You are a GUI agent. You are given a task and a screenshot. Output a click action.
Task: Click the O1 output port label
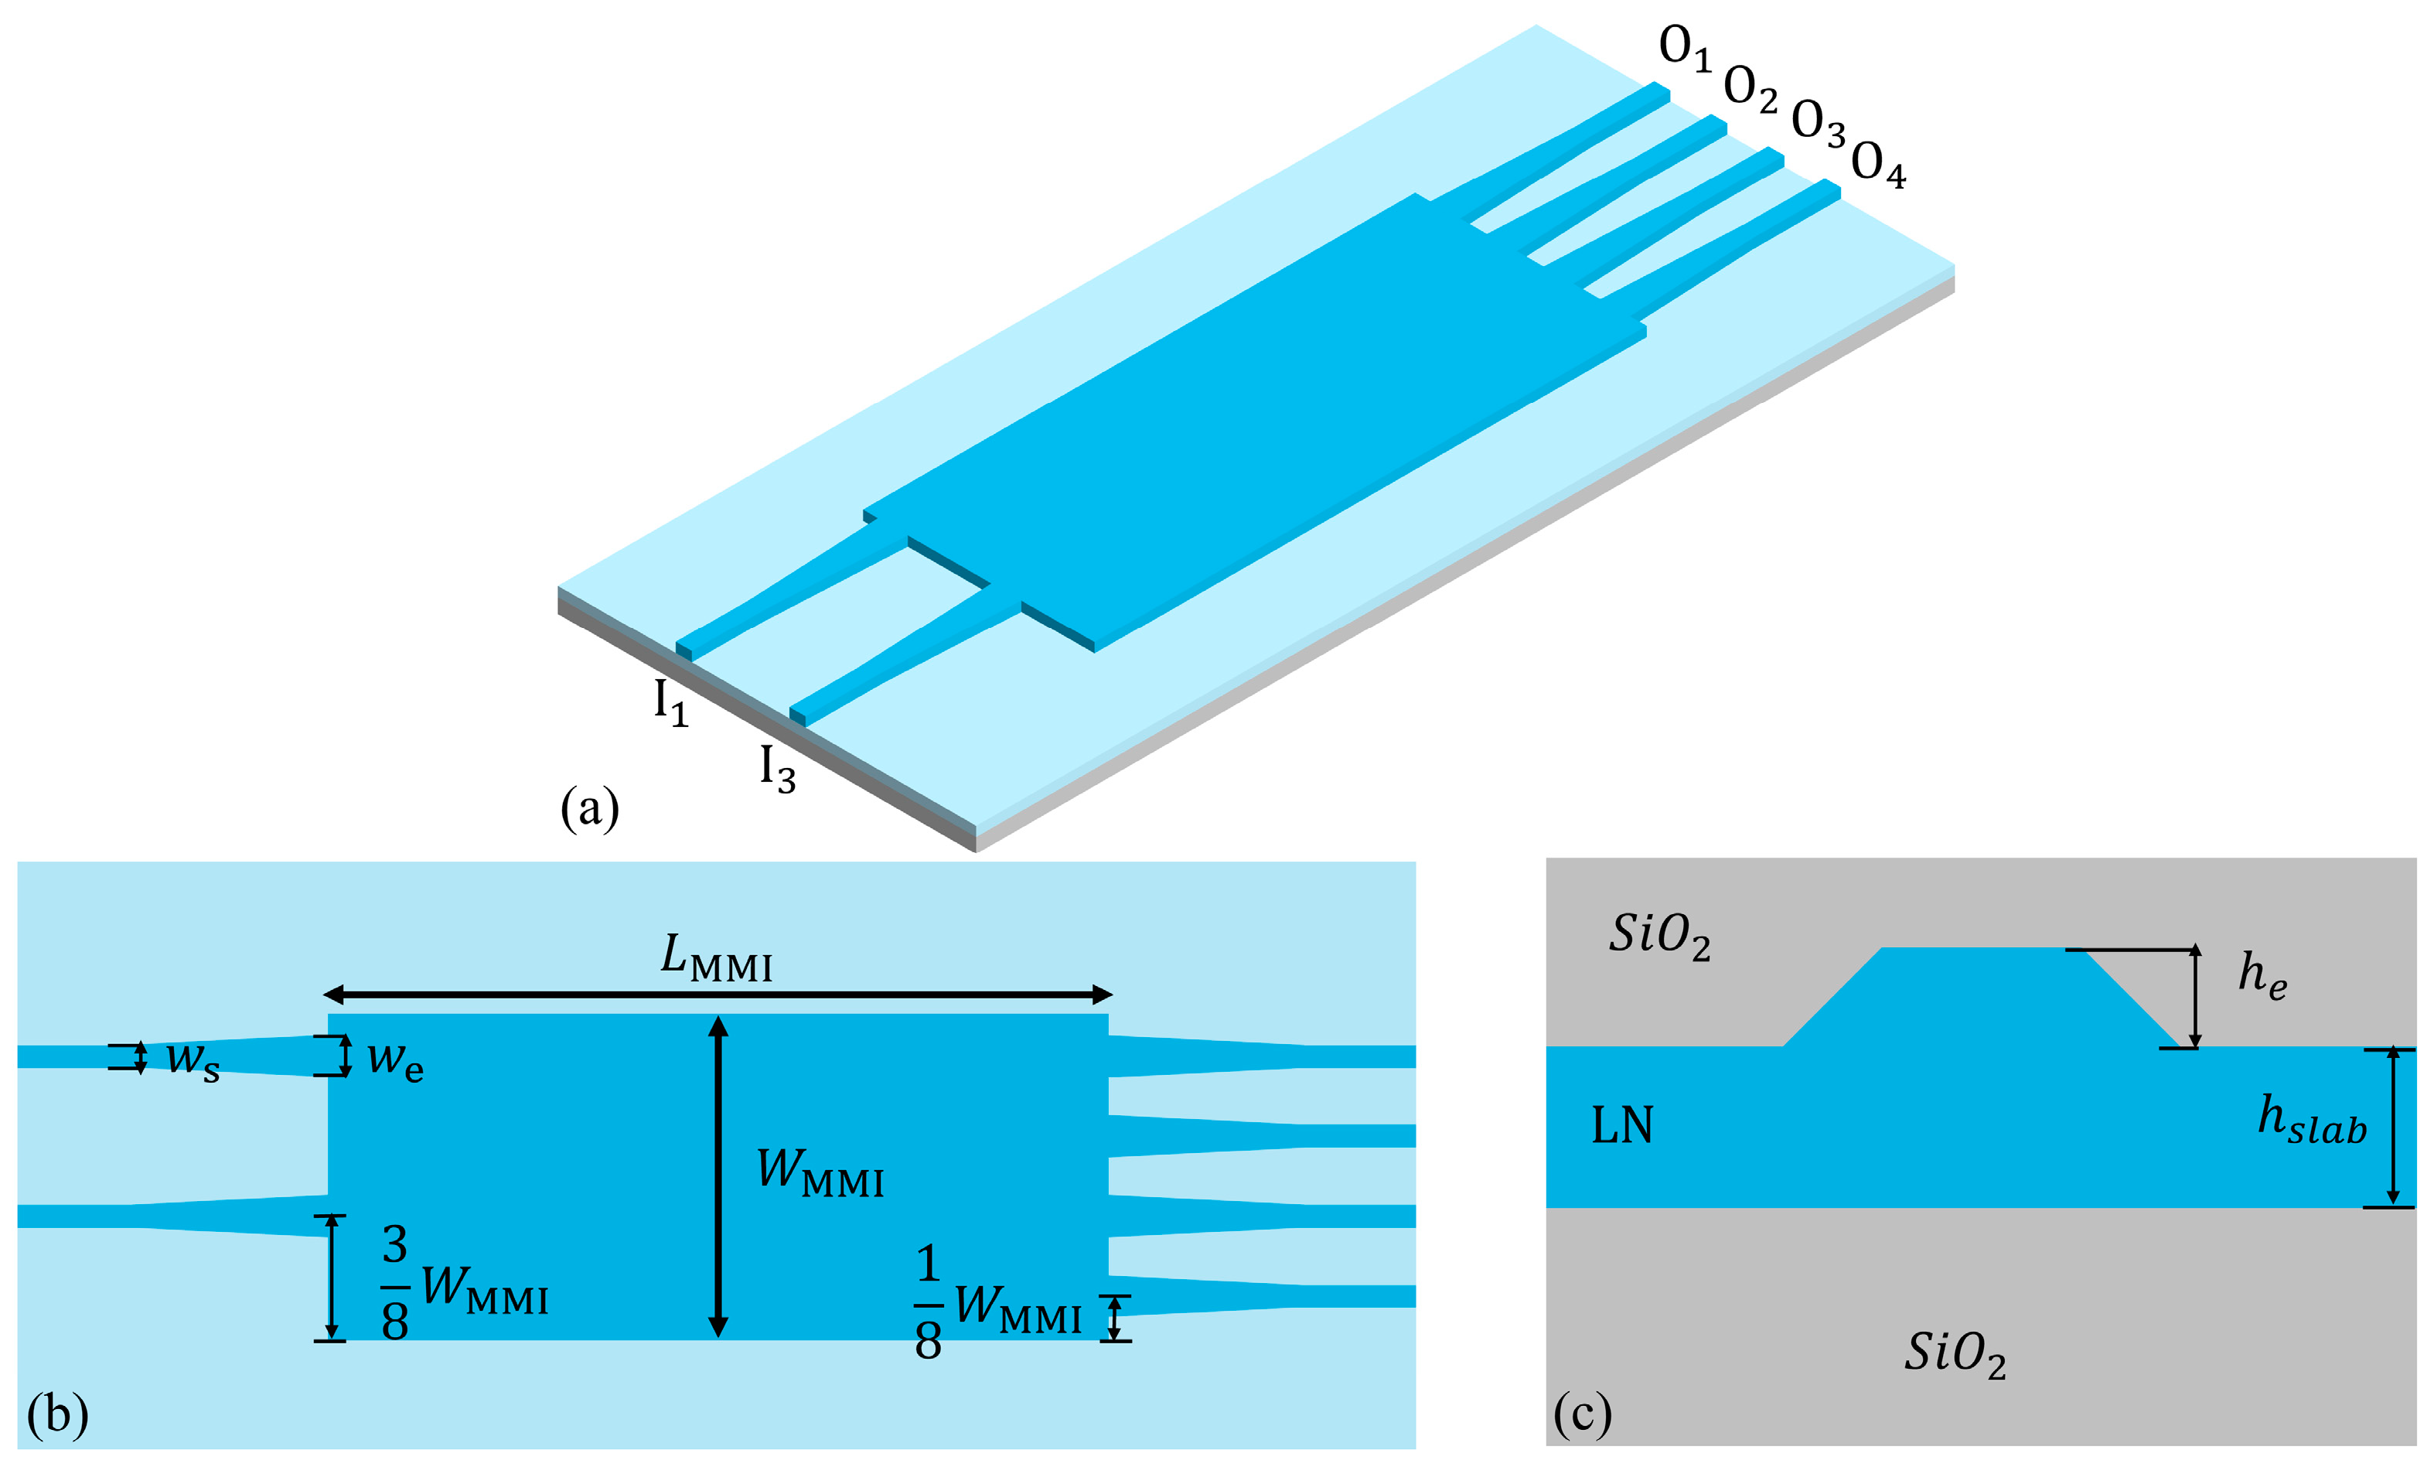pos(1683,49)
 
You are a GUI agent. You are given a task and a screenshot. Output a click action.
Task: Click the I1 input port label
pos(670,704)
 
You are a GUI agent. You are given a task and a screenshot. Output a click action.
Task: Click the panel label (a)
pos(590,808)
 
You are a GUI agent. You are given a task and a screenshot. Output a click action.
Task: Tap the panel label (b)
pos(57,1414)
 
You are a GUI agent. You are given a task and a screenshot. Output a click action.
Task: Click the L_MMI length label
pos(716,958)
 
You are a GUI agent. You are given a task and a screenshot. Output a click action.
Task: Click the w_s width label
pos(193,1060)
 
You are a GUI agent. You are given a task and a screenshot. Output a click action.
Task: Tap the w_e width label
pos(395,1060)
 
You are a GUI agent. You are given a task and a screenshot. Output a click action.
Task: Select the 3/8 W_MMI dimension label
pos(464,1282)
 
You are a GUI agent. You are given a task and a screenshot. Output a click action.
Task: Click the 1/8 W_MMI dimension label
pos(997,1303)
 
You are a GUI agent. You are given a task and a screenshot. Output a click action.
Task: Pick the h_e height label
pos(2262,975)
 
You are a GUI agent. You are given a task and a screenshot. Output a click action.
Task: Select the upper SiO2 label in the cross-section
pos(1659,936)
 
